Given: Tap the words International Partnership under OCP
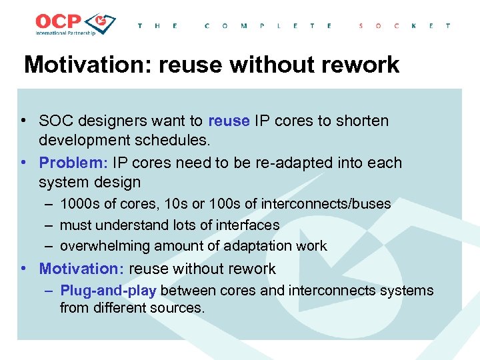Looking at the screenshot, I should point(65,33).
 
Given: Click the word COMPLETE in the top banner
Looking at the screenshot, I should point(268,26).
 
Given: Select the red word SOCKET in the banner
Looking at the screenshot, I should point(404,26).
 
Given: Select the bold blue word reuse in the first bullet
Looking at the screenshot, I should point(229,121).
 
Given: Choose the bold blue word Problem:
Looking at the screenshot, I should point(73,163).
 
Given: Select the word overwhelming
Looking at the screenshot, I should point(105,246).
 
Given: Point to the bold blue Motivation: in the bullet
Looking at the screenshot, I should point(81,269).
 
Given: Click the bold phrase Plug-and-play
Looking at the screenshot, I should point(108,291).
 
